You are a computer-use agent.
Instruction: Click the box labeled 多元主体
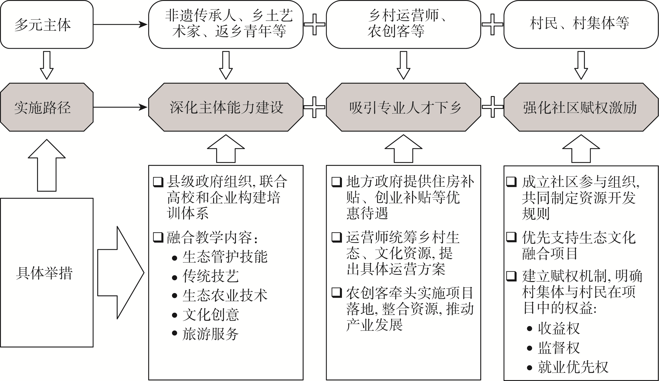coord(46,25)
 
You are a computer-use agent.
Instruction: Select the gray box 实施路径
coord(46,107)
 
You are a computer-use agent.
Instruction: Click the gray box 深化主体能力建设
coord(226,107)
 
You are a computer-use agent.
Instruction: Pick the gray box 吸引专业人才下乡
coord(403,107)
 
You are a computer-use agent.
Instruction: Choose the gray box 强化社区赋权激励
coord(581,107)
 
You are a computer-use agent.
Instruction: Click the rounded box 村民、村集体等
coord(581,25)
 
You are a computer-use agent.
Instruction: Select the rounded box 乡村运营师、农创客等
coord(403,25)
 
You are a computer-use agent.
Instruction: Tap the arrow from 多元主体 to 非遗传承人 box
coord(120,25)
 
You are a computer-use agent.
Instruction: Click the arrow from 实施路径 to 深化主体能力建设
coord(120,107)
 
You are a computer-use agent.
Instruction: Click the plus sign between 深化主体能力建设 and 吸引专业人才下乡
coord(314,107)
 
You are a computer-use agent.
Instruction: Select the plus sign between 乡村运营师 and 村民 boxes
coord(492,25)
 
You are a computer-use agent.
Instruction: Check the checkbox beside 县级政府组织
coord(158,182)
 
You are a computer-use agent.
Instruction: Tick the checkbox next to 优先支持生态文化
coord(511,237)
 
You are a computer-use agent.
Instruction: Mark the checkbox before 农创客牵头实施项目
coord(337,292)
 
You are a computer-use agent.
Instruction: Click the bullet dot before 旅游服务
coord(174,333)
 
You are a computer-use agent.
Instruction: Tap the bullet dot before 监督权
coord(530,348)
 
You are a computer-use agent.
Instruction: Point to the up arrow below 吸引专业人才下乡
coord(403,149)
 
